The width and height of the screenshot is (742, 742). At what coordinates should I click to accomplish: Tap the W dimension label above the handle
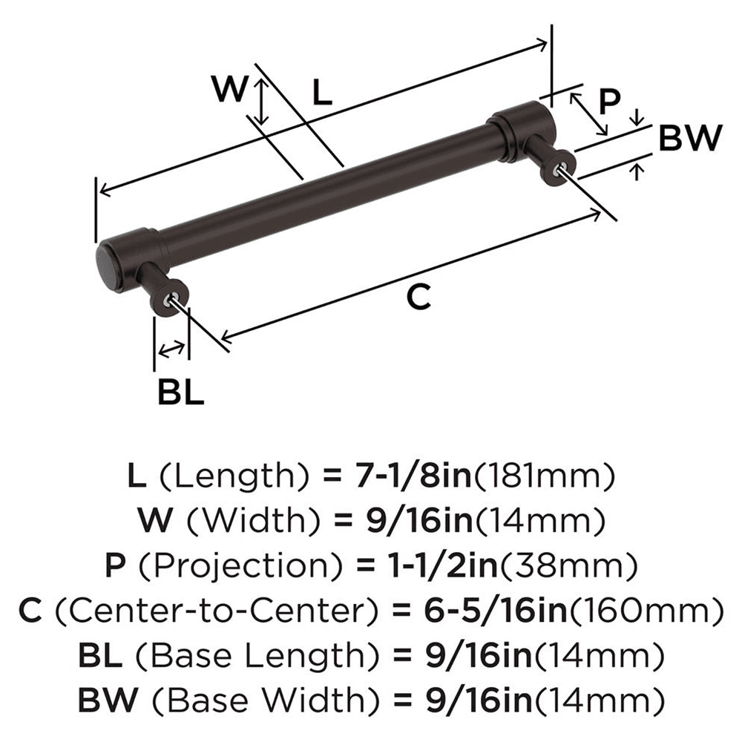[229, 91]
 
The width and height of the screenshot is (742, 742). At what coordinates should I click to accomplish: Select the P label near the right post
[608, 102]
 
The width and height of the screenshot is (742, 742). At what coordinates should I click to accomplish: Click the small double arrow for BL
[172, 348]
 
